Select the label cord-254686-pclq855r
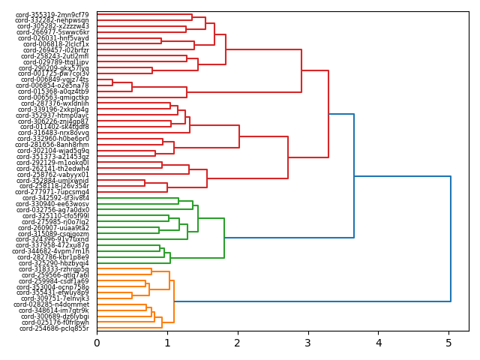[x=54, y=328]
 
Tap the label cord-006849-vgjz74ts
[x=54, y=79]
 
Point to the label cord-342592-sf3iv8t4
[x=54, y=198]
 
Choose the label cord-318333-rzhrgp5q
[x=54, y=269]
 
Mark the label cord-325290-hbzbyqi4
[x=54, y=263]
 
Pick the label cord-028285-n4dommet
[x=54, y=304]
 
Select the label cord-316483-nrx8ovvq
[x=54, y=133]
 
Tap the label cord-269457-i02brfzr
[x=54, y=50]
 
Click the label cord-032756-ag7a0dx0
[x=54, y=210]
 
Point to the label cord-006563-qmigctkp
[x=54, y=97]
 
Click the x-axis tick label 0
[x=97, y=343]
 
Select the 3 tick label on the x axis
[x=308, y=343]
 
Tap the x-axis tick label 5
[x=449, y=343]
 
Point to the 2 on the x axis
[x=238, y=343]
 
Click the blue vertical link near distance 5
[x=451, y=238]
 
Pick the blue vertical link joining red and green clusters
[x=354, y=175]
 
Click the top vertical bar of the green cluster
[x=224, y=238]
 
